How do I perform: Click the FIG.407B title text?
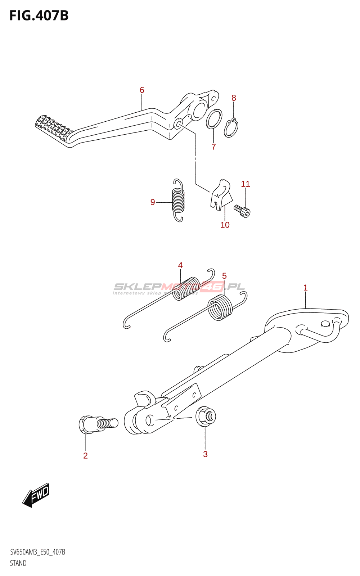click(39, 16)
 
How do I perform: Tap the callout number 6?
click(142, 90)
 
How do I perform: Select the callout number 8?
click(234, 98)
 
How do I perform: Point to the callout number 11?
click(245, 184)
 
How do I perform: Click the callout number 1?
click(305, 288)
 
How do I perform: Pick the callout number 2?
click(85, 456)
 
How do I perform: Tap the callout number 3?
click(205, 454)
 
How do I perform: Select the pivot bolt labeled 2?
click(97, 424)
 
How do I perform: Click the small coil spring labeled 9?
click(178, 200)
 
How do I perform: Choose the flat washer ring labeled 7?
click(214, 119)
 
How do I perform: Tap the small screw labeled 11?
click(242, 211)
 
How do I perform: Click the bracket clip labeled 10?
click(221, 194)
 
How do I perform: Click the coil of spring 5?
click(220, 307)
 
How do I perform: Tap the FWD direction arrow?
click(36, 495)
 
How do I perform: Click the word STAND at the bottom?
click(18, 563)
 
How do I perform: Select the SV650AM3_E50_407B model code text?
click(38, 552)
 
